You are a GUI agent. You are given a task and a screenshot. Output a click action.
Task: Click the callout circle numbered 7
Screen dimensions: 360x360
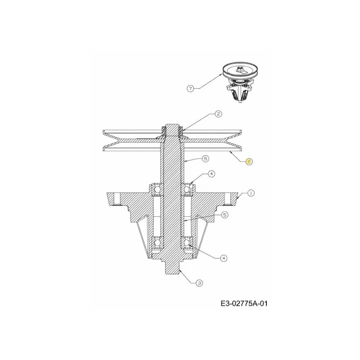[190, 88]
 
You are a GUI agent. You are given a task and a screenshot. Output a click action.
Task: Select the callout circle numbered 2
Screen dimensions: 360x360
[218, 114]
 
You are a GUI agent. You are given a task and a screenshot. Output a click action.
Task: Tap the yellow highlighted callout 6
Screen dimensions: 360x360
[249, 162]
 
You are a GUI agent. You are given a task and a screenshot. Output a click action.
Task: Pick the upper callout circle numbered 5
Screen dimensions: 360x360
[205, 158]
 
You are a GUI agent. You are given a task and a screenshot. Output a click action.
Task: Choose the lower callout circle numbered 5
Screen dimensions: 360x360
[225, 215]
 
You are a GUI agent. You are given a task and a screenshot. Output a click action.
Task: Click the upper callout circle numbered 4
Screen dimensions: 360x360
[211, 174]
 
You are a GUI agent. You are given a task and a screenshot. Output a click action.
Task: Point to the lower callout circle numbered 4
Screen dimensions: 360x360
[224, 258]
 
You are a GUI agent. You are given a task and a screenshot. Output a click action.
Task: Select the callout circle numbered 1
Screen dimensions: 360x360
[251, 193]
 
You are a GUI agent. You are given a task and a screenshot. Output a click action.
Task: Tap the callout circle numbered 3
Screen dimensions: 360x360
[199, 283]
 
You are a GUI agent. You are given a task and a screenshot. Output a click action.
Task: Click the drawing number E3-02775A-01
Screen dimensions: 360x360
[244, 304]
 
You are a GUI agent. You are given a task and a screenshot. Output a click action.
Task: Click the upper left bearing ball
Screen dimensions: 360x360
[157, 189]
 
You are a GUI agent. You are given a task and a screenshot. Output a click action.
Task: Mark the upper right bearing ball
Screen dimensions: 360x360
[187, 189]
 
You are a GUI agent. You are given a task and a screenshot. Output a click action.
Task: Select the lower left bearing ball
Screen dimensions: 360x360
[157, 243]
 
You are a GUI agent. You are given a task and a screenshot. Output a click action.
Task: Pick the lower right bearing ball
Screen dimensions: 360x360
[187, 243]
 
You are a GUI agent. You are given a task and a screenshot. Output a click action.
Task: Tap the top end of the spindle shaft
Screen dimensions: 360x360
[172, 124]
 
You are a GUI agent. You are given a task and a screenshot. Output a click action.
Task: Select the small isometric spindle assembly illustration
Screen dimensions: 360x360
[240, 82]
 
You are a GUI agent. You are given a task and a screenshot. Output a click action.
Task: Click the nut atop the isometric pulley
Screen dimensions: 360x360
[239, 68]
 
